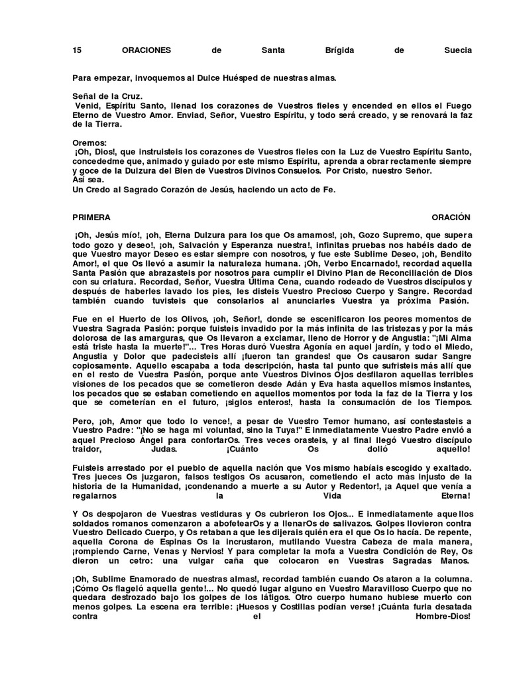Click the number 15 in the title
tap(77, 50)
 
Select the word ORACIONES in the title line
tap(146, 50)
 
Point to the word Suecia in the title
tap(458, 50)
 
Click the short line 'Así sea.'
tap(88, 180)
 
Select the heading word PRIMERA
tap(91, 217)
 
